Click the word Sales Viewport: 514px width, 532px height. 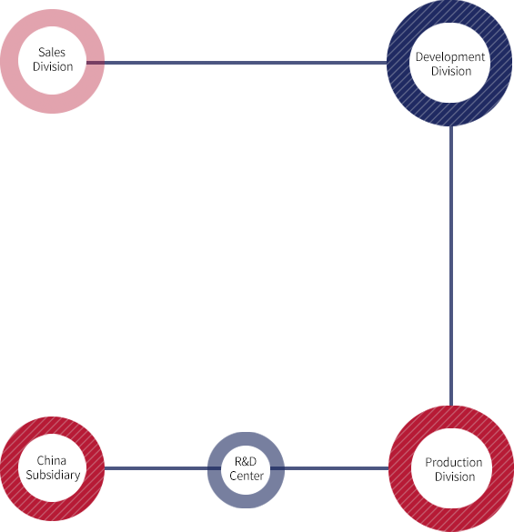(x=52, y=52)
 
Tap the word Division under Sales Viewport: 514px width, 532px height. (x=53, y=66)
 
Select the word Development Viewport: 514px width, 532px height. (x=450, y=57)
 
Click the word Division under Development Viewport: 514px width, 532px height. (x=451, y=71)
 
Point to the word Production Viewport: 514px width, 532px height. (x=454, y=462)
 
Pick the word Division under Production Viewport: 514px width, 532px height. (x=455, y=477)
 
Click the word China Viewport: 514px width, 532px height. (x=52, y=460)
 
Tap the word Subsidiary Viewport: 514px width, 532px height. (x=53, y=475)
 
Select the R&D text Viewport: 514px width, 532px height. (x=246, y=461)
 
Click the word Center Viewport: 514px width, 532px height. (x=247, y=476)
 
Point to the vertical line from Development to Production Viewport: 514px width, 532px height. (x=451, y=266)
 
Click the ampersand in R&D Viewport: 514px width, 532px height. (x=246, y=461)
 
